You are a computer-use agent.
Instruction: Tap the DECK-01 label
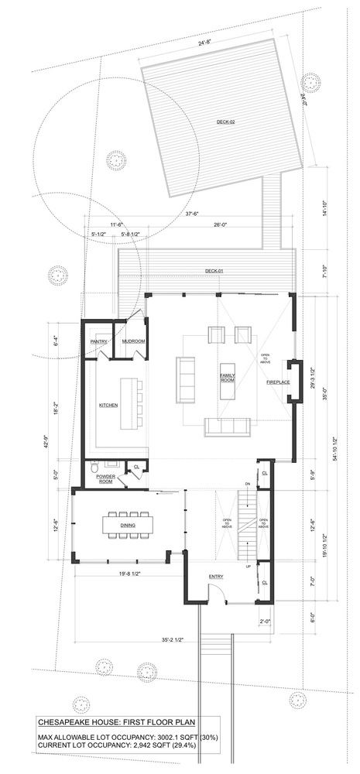coord(214,270)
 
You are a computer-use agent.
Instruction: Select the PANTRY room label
coord(98,341)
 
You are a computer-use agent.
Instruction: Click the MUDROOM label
coord(133,341)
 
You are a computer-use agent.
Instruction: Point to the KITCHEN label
coord(107,405)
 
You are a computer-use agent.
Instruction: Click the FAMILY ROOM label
coord(228,378)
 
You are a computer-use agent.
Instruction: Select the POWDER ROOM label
coord(105,479)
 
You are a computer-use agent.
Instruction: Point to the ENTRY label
coord(217,577)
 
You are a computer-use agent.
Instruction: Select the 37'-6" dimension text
coord(193,214)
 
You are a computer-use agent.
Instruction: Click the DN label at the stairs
coord(248,485)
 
